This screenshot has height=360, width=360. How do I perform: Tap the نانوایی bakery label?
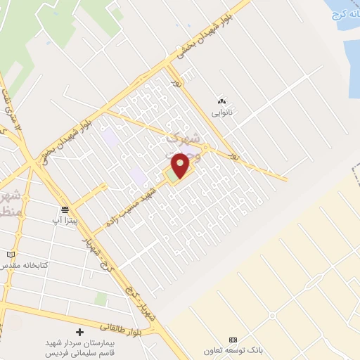tap(223, 112)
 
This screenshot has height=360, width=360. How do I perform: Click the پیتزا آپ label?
tap(65, 220)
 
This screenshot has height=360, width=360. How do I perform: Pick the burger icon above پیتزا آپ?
tap(65, 210)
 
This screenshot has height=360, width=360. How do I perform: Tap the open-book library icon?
tap(10, 255)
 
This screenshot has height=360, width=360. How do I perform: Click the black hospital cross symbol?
tap(79, 331)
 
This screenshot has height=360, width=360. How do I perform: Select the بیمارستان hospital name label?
tap(79, 346)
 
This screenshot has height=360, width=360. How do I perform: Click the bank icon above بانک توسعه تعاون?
tap(233, 340)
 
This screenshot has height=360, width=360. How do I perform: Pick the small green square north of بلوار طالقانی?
tap(101, 300)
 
